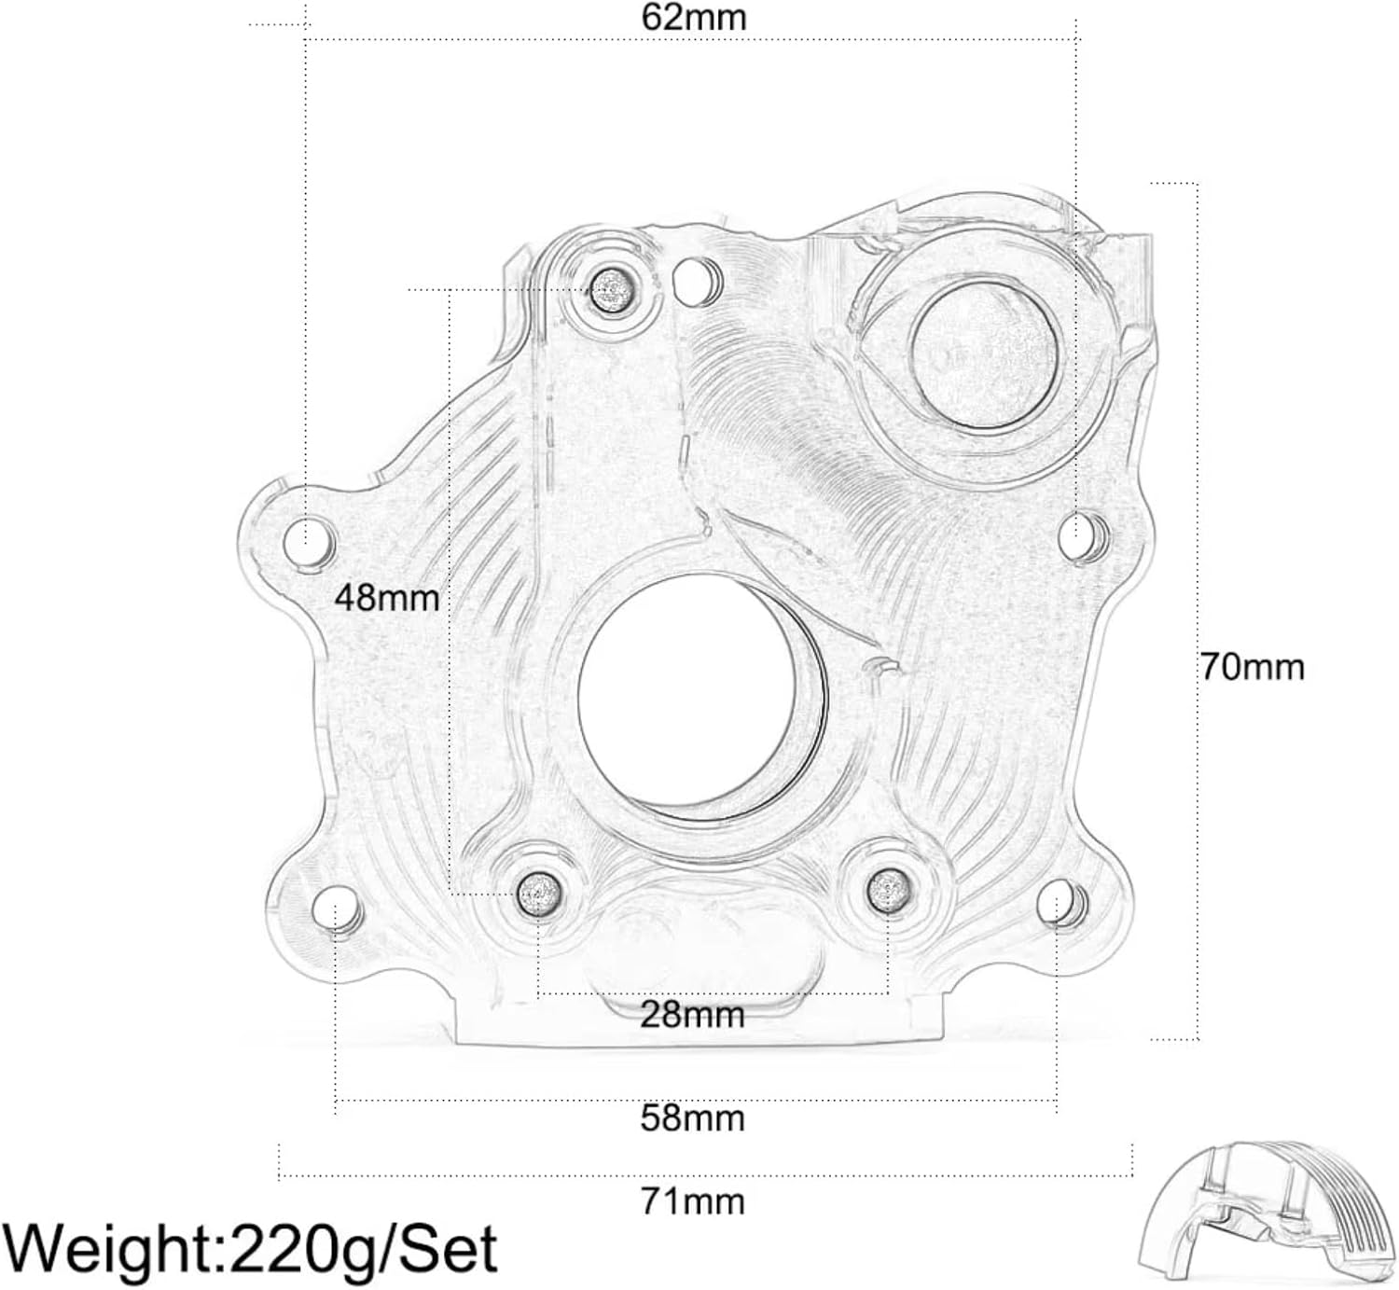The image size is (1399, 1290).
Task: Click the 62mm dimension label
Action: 694,18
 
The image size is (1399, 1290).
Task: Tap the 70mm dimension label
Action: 1253,667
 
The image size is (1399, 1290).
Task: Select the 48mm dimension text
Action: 386,597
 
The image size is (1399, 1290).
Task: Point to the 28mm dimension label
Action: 692,1015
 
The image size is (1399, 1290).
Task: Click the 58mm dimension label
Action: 692,1117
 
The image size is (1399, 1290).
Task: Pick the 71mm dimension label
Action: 692,1201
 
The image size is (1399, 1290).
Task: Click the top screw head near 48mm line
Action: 612,291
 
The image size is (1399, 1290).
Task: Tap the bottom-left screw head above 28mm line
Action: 539,893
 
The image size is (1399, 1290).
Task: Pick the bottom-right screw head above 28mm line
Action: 888,890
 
